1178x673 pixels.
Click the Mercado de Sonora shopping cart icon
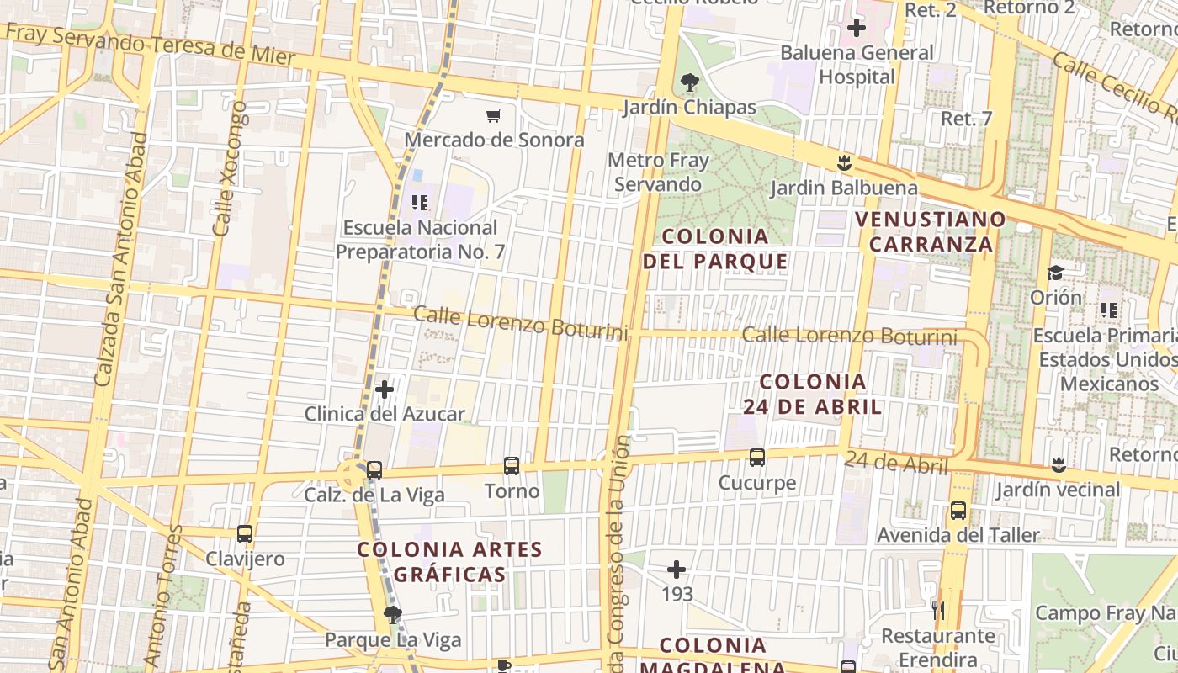coord(494,115)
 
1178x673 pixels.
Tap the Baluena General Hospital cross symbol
coord(857,29)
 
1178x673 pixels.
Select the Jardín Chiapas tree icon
coord(690,82)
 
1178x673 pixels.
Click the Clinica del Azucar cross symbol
coord(385,389)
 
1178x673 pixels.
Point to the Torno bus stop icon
coord(511,465)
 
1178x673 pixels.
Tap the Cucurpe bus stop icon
coord(757,458)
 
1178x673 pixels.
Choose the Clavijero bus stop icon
coord(245,534)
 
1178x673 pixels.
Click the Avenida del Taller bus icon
coord(958,511)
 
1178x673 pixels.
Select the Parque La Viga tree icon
coord(392,615)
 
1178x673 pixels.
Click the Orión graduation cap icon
coord(1055,273)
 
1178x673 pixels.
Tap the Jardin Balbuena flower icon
coord(844,162)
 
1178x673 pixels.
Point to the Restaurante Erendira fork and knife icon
coord(938,610)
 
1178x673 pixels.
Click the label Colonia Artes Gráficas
coord(450,562)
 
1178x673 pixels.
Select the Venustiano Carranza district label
coord(931,231)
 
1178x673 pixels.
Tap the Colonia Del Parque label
coord(715,248)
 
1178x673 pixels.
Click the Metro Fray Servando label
coord(658,172)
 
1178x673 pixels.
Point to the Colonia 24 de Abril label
coord(812,394)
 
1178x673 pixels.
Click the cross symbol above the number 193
coord(677,570)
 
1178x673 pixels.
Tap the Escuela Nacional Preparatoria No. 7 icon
coord(420,202)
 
